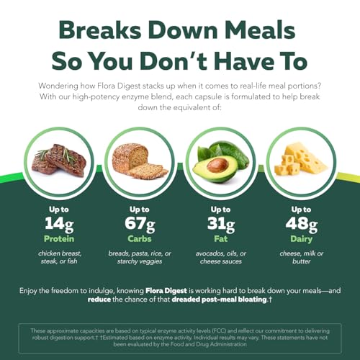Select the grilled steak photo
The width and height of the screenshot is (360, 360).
click(x=59, y=160)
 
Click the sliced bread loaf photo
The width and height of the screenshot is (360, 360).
click(x=140, y=161)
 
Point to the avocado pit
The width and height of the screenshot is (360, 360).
click(x=217, y=166)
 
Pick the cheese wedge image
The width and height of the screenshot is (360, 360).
click(x=301, y=158)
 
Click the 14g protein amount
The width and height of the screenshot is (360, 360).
click(x=59, y=224)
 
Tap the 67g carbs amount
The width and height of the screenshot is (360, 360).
click(x=140, y=224)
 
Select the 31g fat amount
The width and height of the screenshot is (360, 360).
click(x=221, y=224)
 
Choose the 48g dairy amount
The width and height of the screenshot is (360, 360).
click(x=302, y=224)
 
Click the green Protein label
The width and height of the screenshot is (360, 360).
click(x=59, y=239)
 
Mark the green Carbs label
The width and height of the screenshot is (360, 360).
click(x=140, y=239)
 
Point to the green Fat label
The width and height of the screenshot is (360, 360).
click(x=221, y=239)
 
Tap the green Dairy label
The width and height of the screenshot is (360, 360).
click(x=302, y=239)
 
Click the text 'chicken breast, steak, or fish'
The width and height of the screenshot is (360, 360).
click(x=60, y=257)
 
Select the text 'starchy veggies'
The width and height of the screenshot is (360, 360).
click(x=140, y=261)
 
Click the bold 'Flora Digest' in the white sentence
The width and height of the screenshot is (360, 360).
click(x=166, y=291)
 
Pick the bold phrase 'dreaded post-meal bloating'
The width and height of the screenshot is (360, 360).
click(x=220, y=300)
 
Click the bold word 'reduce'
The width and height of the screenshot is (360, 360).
click(x=99, y=300)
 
